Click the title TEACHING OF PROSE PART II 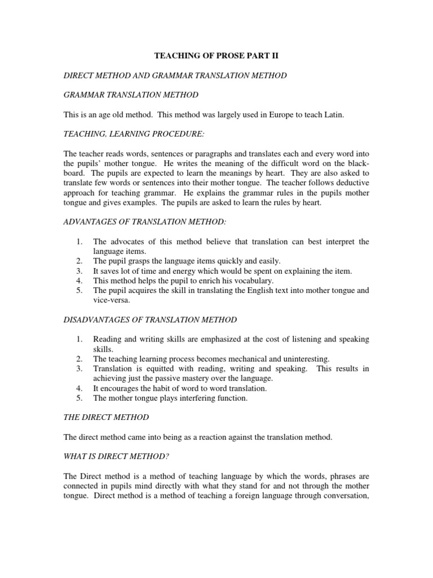[216, 57]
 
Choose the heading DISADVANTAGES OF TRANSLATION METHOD [149, 320]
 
